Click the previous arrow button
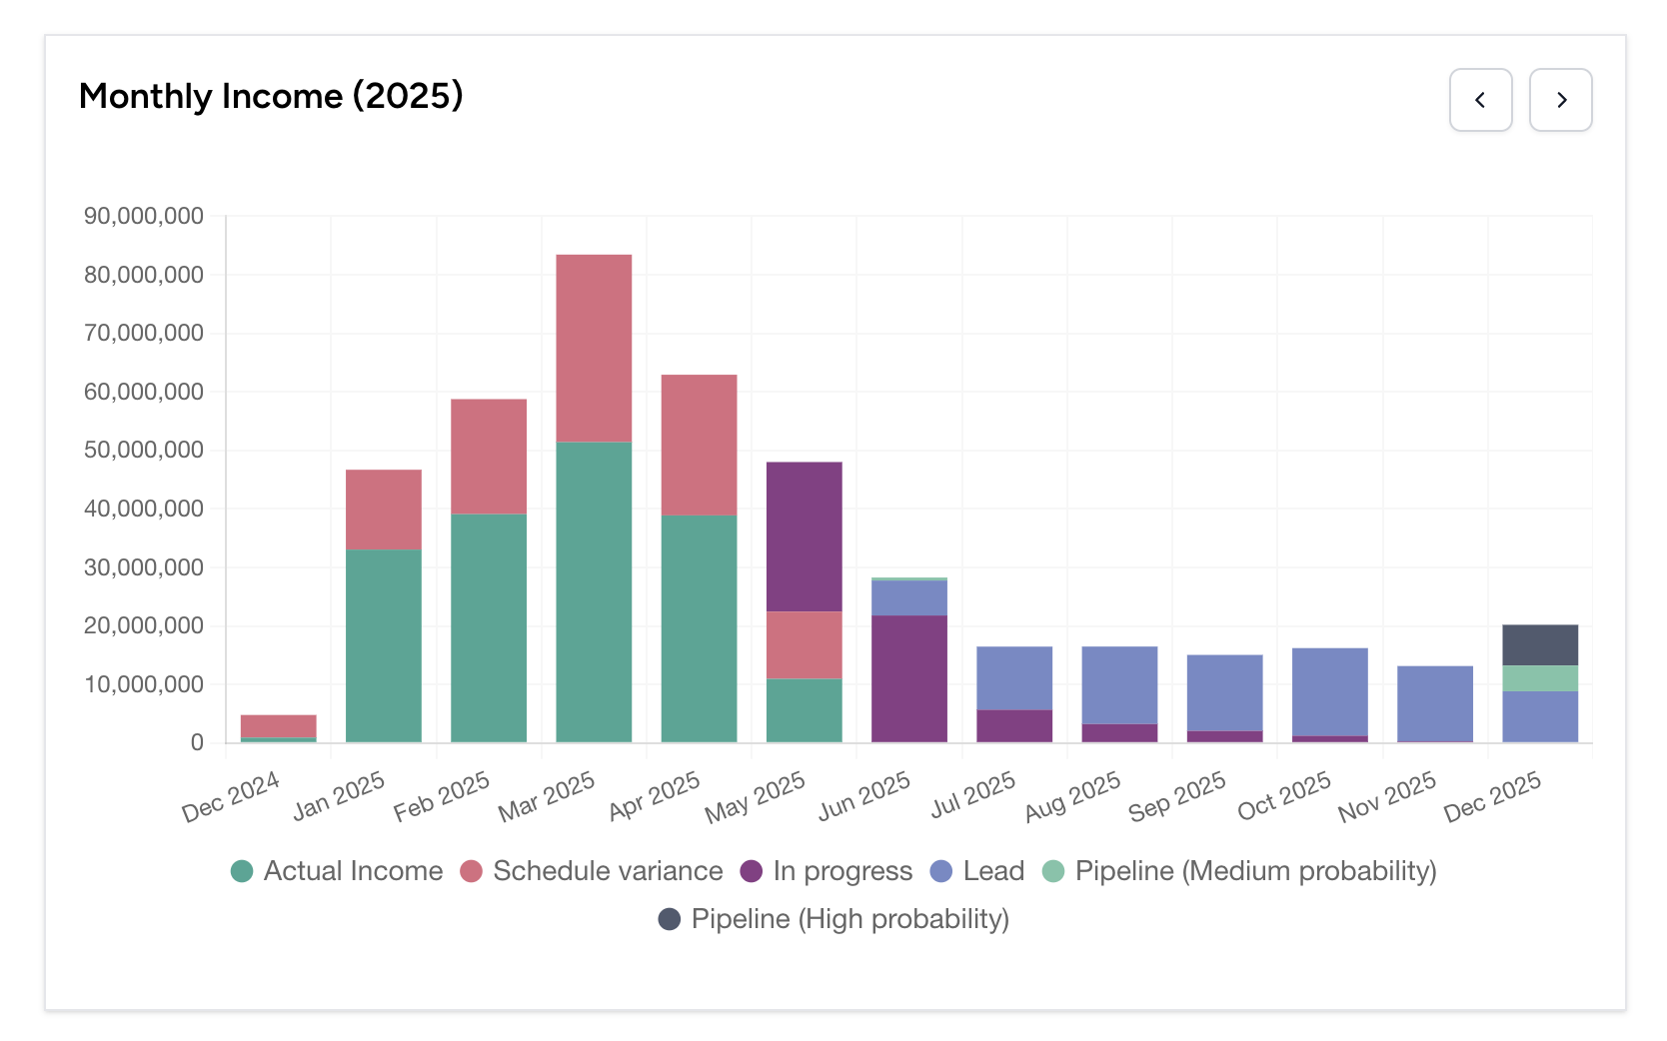pos(1480,100)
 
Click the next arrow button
pos(1560,100)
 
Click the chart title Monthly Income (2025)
pos(271,96)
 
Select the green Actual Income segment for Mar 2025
pos(594,591)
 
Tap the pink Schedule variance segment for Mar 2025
pos(594,348)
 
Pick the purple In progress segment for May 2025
pos(804,535)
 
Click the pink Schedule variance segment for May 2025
pos(804,644)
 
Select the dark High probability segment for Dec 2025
pos(1539,644)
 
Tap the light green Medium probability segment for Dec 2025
pos(1539,678)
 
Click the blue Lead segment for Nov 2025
pos(1434,702)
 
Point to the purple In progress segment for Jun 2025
pos(908,678)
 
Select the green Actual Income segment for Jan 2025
pos(383,644)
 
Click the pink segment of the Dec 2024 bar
pos(278,725)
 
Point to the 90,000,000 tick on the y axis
pos(144,216)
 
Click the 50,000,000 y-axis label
pos(144,450)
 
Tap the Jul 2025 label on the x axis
pos(972,795)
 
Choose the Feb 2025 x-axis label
pos(441,796)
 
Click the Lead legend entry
pos(976,871)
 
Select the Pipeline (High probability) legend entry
pos(833,919)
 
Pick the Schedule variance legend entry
pos(591,871)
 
